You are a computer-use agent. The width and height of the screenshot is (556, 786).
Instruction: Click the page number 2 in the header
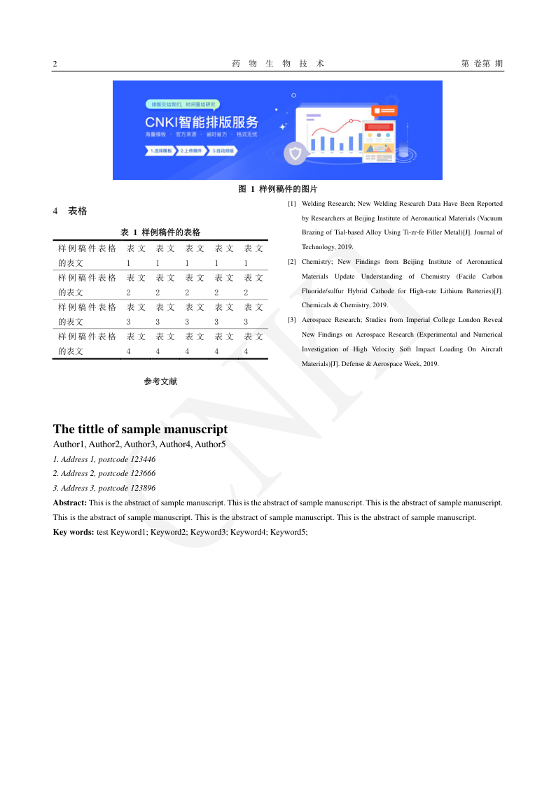pyautogui.click(x=55, y=64)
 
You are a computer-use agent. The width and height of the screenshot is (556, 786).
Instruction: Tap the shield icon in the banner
pyautogui.click(x=296, y=153)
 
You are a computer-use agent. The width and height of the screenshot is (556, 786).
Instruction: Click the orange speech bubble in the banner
pyautogui.click(x=384, y=111)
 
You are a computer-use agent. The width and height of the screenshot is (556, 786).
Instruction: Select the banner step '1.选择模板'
pyautogui.click(x=160, y=150)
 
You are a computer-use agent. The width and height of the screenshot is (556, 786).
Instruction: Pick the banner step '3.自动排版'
pyautogui.click(x=224, y=150)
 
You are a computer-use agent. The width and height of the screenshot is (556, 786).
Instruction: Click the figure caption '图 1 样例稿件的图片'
pyautogui.click(x=278, y=189)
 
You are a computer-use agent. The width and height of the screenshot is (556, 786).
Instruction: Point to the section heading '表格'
pyautogui.click(x=78, y=211)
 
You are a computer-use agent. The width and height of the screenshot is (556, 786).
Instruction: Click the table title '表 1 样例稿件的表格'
pyautogui.click(x=160, y=232)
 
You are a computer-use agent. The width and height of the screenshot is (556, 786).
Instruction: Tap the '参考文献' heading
pyautogui.click(x=160, y=381)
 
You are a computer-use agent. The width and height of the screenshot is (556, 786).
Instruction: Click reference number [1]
pyautogui.click(x=292, y=204)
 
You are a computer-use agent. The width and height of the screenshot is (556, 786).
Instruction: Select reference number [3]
pyautogui.click(x=292, y=320)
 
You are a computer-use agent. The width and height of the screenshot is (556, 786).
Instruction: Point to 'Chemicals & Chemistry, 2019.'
pyautogui.click(x=345, y=305)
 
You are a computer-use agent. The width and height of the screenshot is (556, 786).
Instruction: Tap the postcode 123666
pyautogui.click(x=143, y=473)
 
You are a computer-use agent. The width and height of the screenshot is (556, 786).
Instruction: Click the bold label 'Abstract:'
pyautogui.click(x=70, y=503)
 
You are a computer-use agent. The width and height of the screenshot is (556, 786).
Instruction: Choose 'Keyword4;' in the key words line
pyautogui.click(x=248, y=532)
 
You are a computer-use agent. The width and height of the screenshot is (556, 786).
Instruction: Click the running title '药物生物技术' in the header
pyautogui.click(x=278, y=64)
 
